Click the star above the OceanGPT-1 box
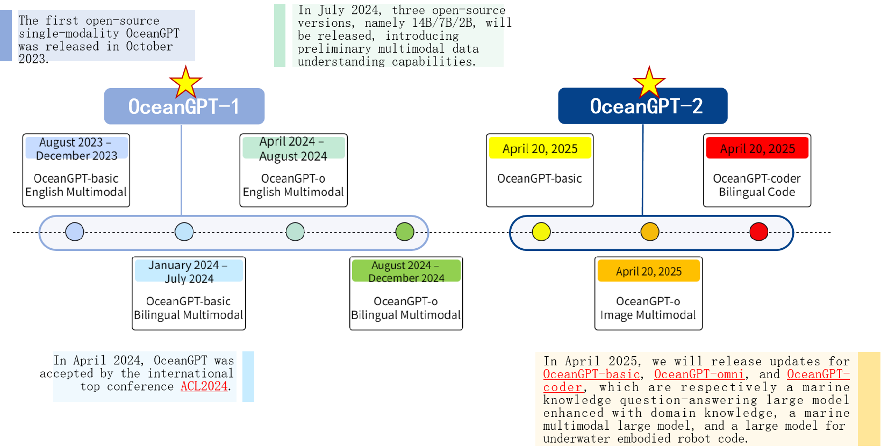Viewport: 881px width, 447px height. tap(185, 83)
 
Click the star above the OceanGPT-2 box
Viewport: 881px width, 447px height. tap(649, 83)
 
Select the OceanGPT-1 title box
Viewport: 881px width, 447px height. tap(184, 106)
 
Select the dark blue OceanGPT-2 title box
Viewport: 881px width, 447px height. tap(643, 106)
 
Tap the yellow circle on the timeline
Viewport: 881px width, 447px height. tap(541, 232)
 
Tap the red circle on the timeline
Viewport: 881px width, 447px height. tap(758, 232)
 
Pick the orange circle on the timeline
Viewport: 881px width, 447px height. tap(650, 232)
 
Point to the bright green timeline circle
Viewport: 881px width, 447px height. tap(405, 232)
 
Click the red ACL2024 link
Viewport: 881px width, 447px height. tap(204, 386)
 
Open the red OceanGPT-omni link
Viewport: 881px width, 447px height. tap(699, 374)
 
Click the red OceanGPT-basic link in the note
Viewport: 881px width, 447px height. tap(591, 374)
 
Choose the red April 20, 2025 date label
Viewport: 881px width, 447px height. tap(757, 148)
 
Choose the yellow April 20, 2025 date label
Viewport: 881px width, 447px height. tap(540, 148)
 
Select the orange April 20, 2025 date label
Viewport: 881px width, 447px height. tap(649, 271)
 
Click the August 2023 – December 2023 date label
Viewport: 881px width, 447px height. tap(77, 148)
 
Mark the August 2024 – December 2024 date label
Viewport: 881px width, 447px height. tap(406, 271)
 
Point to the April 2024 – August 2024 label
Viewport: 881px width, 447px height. tap(293, 148)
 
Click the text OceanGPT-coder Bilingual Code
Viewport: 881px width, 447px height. tap(757, 185)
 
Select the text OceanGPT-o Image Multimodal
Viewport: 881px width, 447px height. tap(648, 308)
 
